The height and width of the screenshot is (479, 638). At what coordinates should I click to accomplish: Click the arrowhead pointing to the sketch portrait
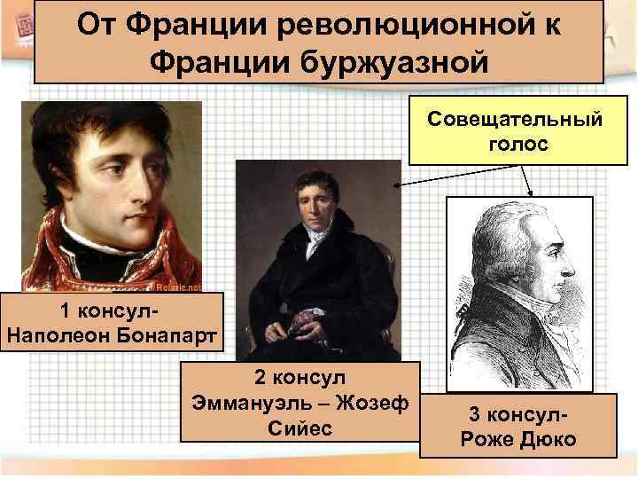click(530, 194)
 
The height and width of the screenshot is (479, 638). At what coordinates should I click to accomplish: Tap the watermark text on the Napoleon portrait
click(179, 287)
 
